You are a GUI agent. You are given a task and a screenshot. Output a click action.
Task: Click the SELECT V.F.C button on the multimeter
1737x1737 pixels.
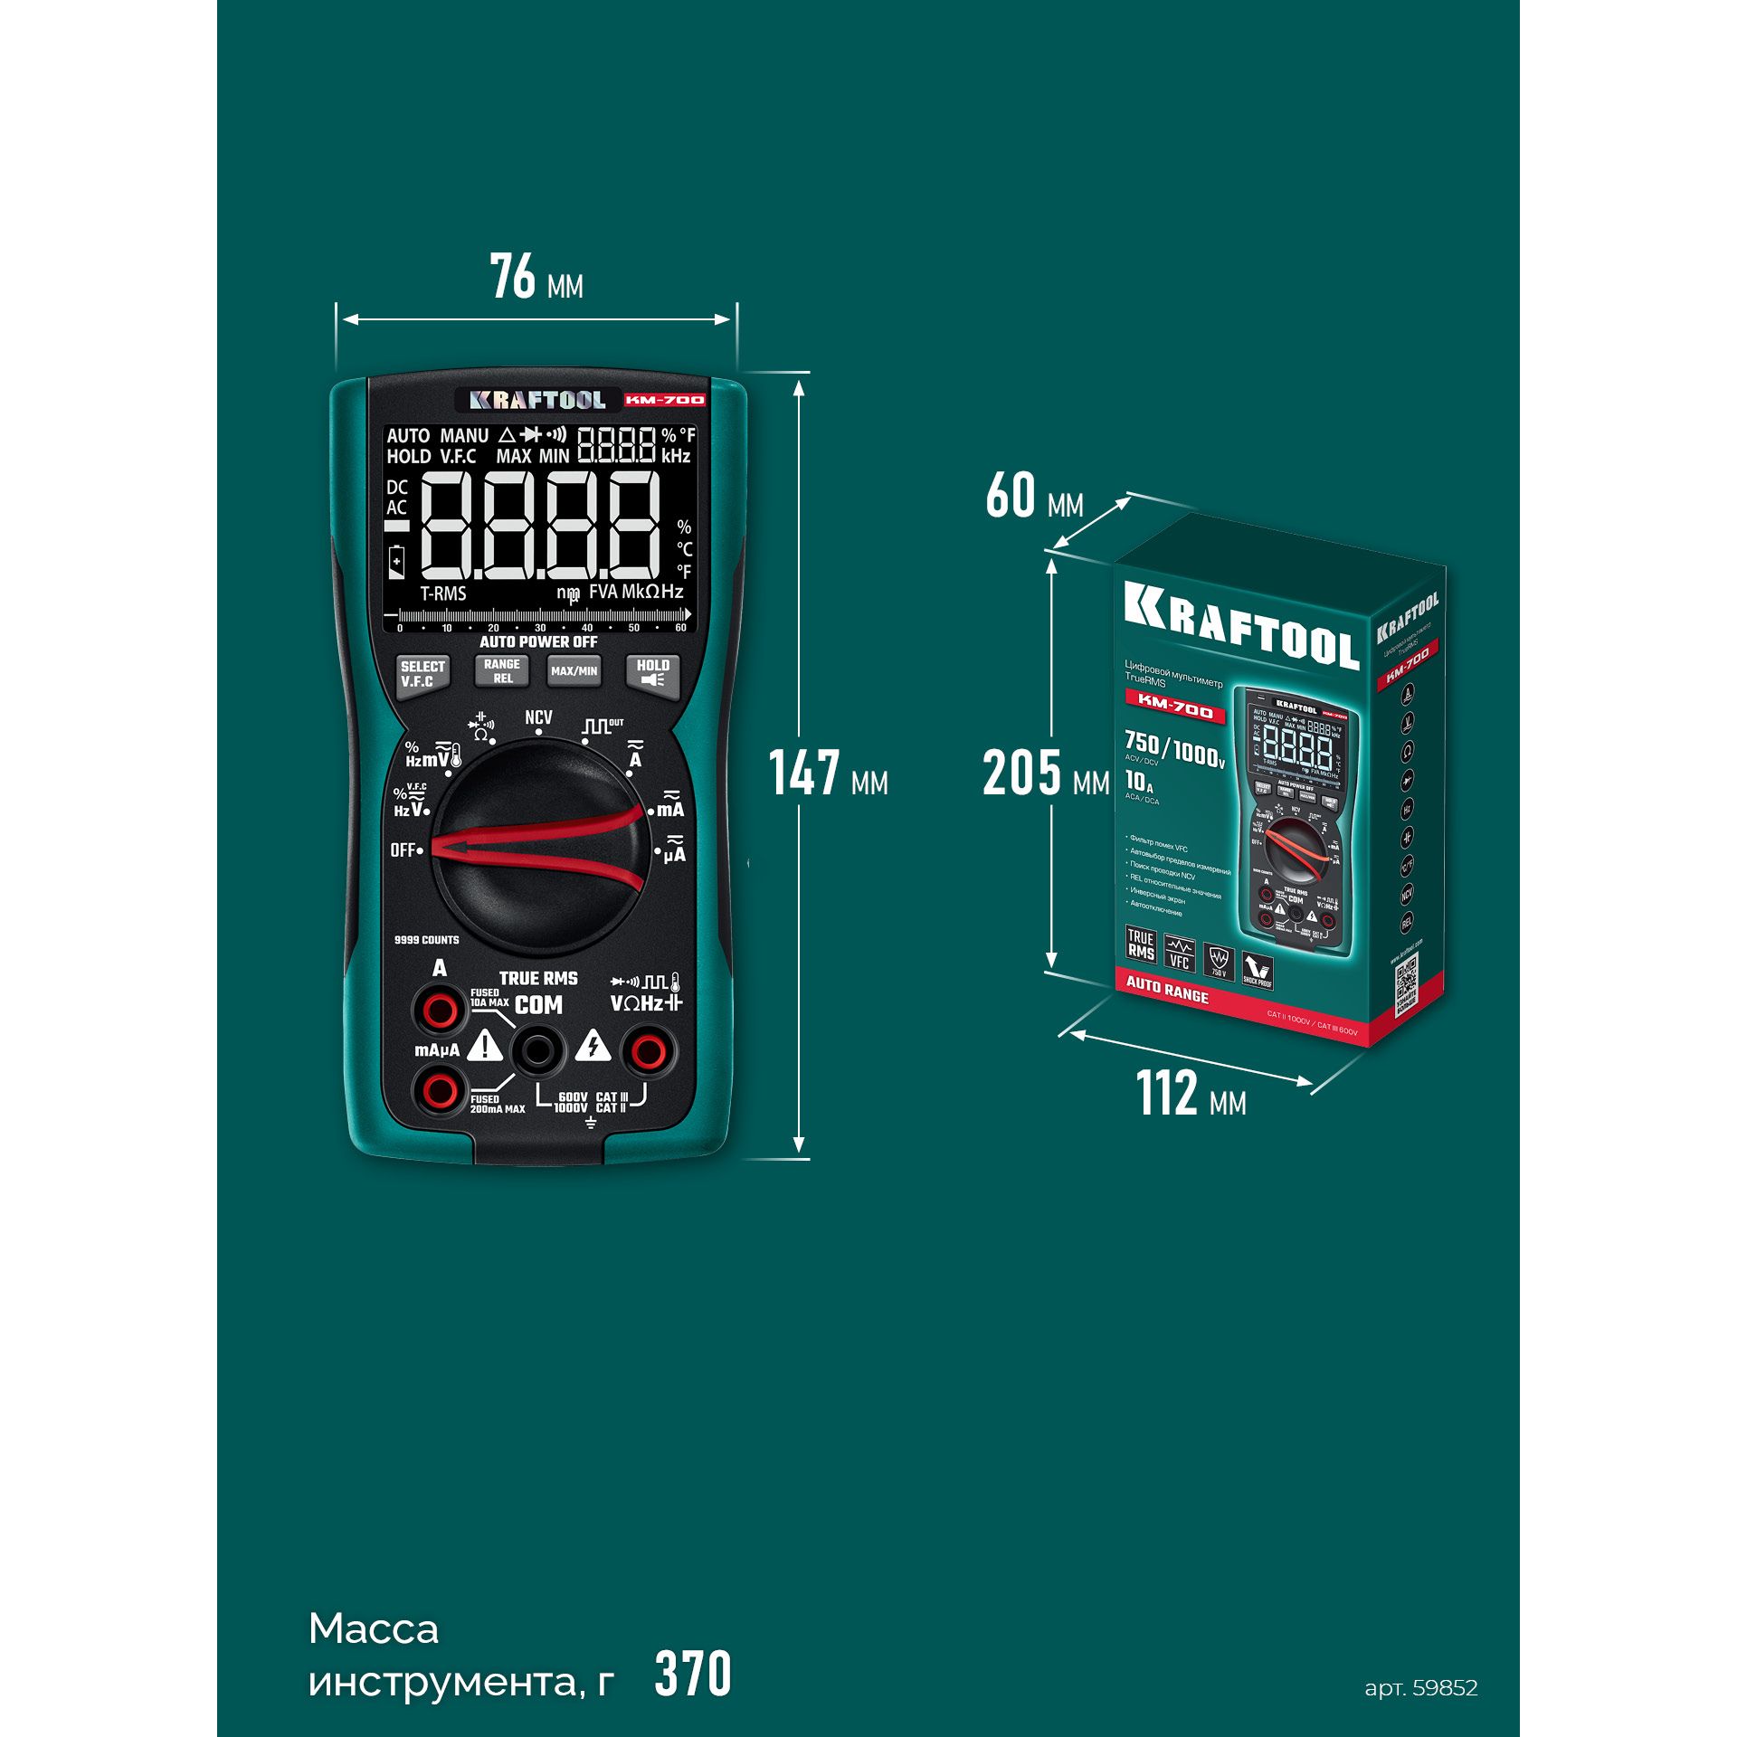(422, 674)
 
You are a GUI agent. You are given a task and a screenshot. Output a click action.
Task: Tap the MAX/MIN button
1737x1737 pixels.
(574, 671)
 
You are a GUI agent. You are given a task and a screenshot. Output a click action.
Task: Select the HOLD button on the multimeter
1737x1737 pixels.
(652, 672)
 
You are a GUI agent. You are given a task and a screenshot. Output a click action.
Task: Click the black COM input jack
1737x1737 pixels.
(538, 1050)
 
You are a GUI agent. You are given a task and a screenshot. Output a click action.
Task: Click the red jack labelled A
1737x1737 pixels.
(440, 1009)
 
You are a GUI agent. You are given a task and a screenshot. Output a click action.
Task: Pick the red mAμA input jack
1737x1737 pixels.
(440, 1090)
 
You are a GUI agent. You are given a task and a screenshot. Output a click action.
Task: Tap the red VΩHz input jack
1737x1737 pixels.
(648, 1050)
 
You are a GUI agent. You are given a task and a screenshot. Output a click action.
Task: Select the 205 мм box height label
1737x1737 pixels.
(1045, 774)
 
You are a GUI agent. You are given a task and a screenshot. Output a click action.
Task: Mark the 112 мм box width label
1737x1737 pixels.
(1191, 1094)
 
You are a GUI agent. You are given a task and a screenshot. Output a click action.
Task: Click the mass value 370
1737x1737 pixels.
(693, 1675)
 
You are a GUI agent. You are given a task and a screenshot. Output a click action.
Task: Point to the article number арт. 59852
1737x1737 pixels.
(1420, 1687)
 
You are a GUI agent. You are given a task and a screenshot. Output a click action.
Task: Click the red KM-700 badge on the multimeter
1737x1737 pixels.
(665, 400)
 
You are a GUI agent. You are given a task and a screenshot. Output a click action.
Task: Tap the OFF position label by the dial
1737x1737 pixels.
(403, 850)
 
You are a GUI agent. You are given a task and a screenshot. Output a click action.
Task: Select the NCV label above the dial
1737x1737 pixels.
(538, 717)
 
